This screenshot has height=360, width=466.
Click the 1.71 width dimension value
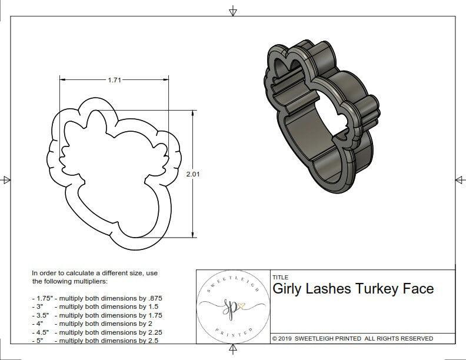point(114,81)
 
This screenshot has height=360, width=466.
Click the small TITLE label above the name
point(280,277)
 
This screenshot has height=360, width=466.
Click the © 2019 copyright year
point(283,339)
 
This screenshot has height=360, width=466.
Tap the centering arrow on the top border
point(233,11)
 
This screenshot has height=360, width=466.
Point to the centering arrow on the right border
point(460,179)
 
